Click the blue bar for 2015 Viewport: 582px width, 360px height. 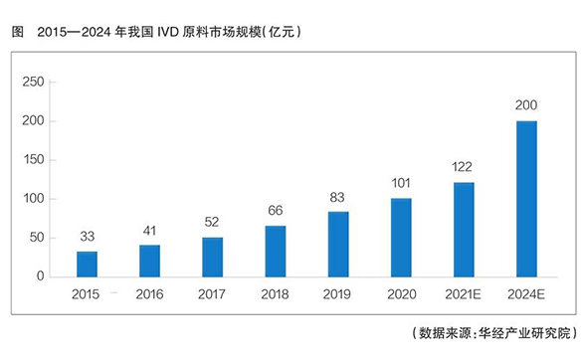(88, 264)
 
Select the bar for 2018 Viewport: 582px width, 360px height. (276, 251)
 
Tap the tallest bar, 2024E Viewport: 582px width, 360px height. (526, 199)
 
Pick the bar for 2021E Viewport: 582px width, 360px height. (464, 229)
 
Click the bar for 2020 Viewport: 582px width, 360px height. (401, 237)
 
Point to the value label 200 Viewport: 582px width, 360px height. (526, 104)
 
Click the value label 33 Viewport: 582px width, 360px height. (88, 236)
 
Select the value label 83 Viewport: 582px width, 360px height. (338, 197)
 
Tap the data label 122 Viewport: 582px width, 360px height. (464, 166)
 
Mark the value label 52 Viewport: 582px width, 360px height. (213, 221)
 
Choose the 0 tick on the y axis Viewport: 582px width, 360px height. (41, 276)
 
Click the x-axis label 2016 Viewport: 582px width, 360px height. (150, 294)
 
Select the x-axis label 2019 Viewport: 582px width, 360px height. (338, 294)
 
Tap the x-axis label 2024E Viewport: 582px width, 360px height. (526, 294)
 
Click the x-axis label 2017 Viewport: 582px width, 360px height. (213, 294)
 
